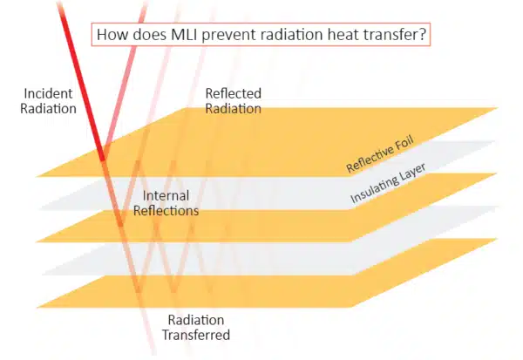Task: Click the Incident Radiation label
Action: (x=50, y=101)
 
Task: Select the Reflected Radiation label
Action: (x=233, y=101)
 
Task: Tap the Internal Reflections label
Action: (x=171, y=203)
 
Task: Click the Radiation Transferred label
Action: (x=197, y=327)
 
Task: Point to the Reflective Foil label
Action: (x=377, y=155)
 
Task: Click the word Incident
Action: (x=50, y=93)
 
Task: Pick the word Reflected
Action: (x=233, y=93)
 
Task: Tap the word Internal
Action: (x=166, y=195)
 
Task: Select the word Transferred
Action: (x=197, y=335)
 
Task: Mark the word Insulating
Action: (x=370, y=190)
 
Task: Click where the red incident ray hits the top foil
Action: (x=102, y=159)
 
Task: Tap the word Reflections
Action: (x=171, y=211)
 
